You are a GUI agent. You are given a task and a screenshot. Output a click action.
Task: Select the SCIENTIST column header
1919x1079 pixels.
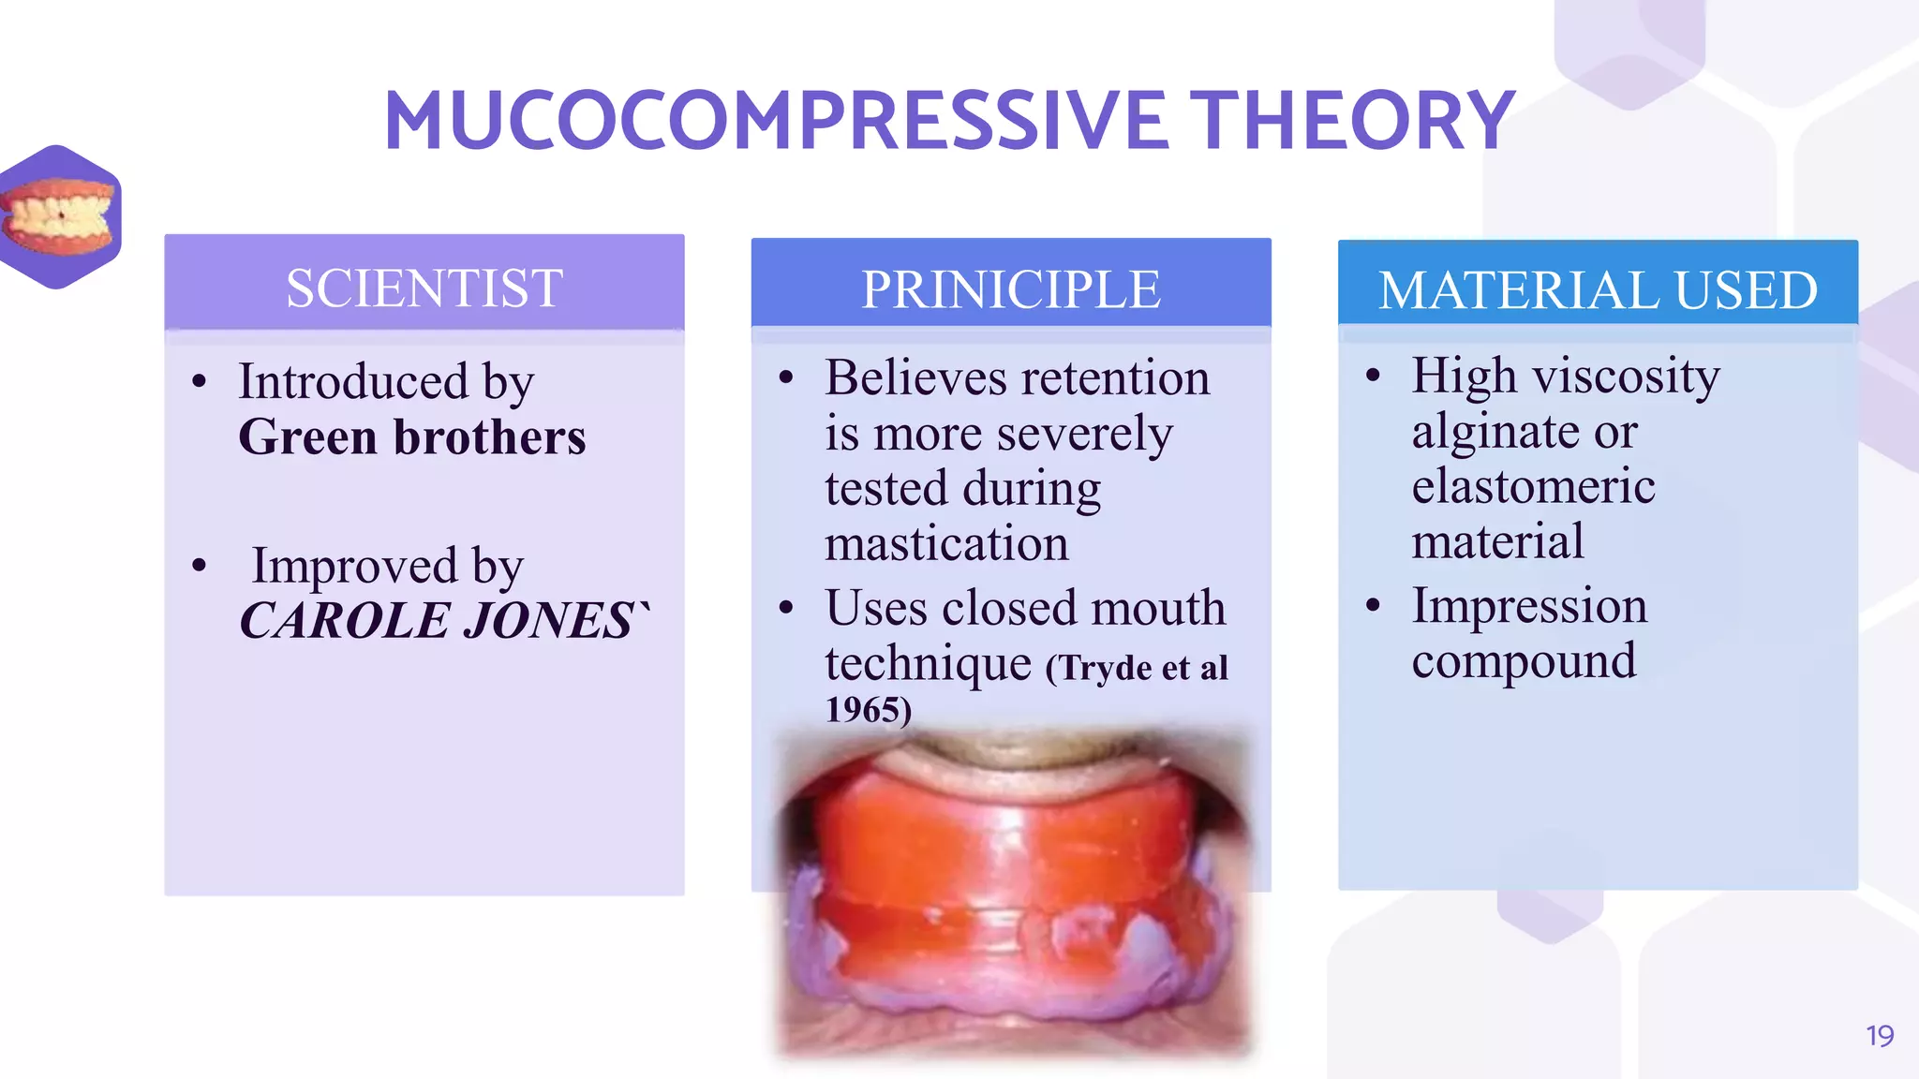point(424,288)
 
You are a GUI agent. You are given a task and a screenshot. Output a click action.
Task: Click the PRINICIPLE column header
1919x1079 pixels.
point(1011,289)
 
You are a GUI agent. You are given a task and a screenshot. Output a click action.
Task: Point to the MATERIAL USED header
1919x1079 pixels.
point(1598,290)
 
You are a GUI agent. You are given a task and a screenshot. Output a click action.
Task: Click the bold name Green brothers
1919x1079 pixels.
point(412,437)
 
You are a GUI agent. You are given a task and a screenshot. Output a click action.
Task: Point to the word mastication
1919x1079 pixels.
point(946,543)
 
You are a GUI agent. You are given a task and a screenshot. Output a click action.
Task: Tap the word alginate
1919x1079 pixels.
point(1495,431)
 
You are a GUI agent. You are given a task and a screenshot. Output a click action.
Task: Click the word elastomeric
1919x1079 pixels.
point(1533,486)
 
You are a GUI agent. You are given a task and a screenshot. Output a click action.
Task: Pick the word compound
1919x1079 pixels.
point(1524,661)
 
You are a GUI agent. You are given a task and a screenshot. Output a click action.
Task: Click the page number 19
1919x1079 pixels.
point(1880,1036)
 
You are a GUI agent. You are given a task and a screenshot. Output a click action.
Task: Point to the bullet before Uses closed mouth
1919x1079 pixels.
point(786,608)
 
